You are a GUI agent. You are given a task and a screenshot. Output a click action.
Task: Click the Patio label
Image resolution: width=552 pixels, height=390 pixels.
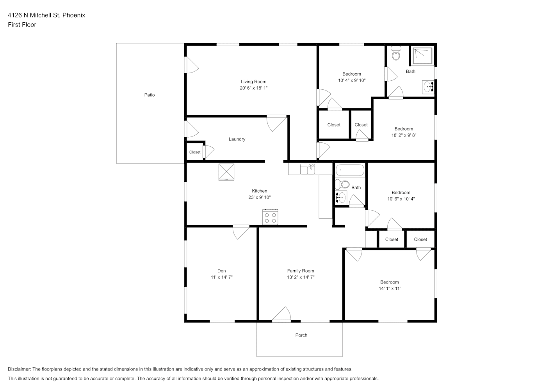[150, 95]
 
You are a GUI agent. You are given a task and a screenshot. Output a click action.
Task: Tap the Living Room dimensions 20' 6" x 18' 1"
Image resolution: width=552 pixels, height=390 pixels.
[254, 88]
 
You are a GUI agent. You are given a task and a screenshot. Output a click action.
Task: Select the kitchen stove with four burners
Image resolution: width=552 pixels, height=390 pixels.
[270, 217]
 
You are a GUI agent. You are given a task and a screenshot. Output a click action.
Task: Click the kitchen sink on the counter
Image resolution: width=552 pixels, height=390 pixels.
[308, 169]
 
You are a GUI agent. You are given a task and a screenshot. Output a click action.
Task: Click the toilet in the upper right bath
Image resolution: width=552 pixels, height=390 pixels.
[396, 53]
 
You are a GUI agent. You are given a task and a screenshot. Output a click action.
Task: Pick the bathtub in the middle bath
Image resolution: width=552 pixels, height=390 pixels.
[350, 170]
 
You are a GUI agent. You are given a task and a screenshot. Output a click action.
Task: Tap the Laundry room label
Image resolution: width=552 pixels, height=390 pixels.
[237, 139]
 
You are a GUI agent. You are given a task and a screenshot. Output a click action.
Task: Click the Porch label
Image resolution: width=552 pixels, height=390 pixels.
[301, 335]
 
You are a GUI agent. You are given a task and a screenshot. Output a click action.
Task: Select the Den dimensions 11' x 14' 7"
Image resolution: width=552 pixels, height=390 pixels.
[221, 277]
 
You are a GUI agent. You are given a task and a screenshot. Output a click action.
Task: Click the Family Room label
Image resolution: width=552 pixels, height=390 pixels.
[301, 271]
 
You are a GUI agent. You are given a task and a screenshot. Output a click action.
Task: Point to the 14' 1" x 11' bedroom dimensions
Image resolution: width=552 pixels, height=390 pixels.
[390, 289]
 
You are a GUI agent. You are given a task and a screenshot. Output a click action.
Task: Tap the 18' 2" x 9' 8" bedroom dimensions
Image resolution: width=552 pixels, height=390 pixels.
[404, 135]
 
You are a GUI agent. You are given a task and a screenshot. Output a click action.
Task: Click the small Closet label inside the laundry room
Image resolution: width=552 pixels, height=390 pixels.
[195, 152]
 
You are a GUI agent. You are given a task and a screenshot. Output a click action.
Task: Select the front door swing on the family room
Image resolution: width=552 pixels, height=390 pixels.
[281, 314]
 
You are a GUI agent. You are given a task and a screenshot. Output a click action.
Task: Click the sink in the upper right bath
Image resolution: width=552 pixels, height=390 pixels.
[428, 87]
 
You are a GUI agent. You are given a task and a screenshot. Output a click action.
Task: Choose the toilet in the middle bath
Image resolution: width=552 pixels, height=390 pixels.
[342, 184]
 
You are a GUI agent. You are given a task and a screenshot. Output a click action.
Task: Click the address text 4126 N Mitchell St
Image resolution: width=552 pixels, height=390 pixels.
[34, 15]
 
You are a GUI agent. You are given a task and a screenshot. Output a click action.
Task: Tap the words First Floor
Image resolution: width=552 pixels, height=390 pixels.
[22, 25]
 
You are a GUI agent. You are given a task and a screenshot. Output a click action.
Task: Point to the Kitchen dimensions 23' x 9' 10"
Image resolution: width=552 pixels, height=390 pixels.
[260, 197]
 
